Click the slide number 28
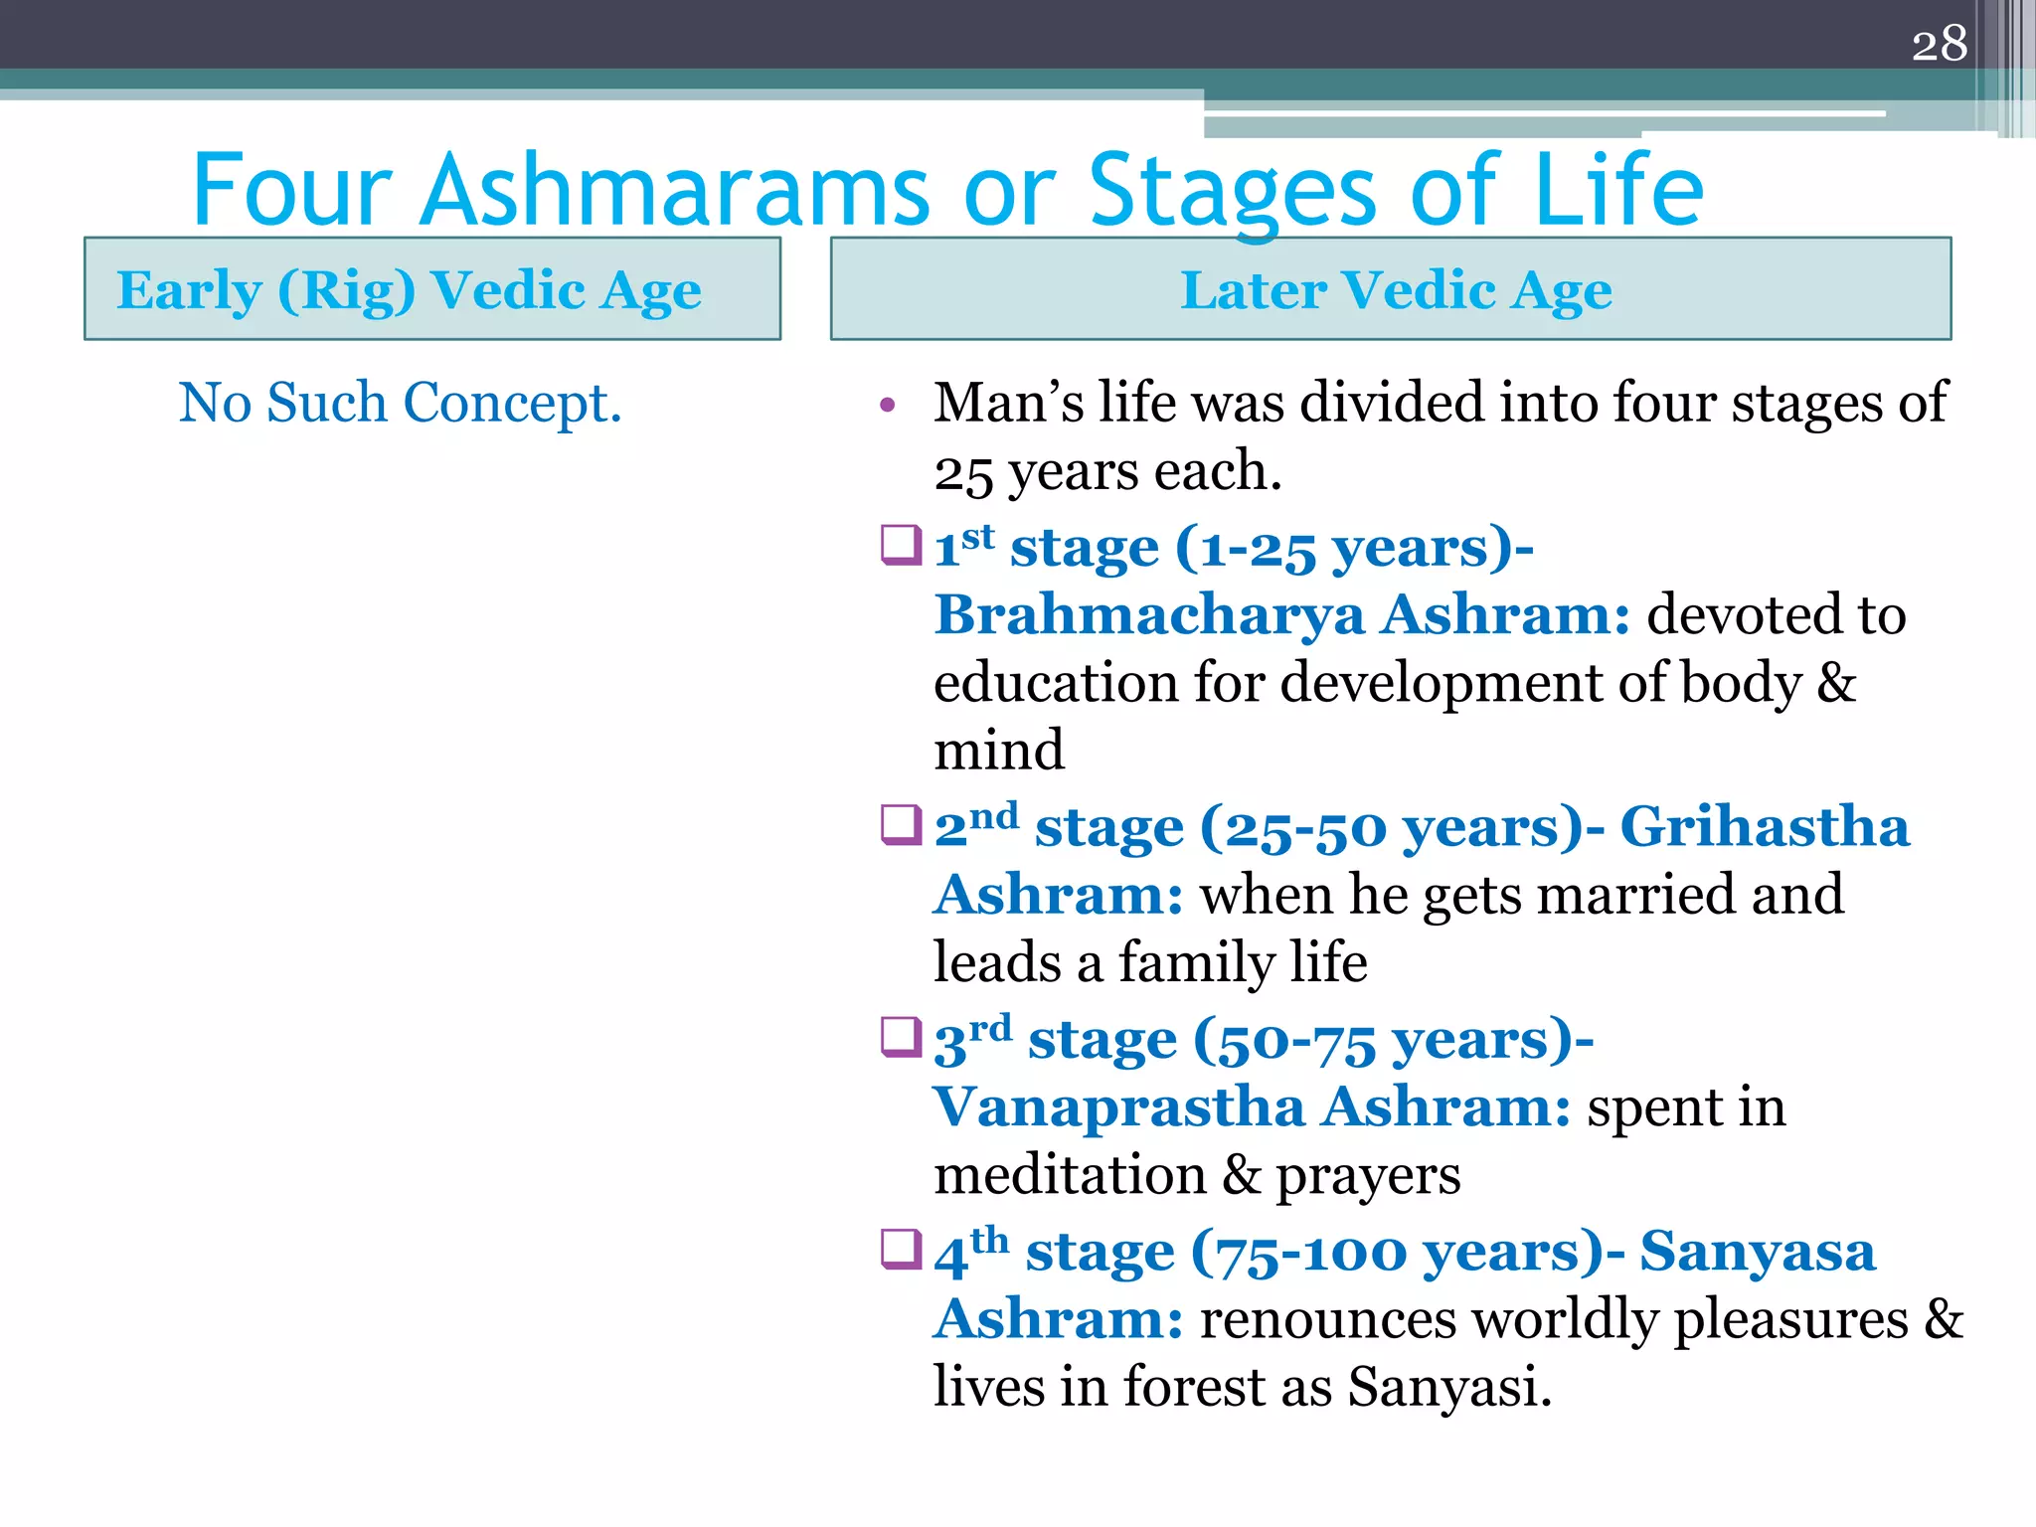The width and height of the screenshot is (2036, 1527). (1939, 44)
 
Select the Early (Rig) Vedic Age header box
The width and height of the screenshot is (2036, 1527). (431, 289)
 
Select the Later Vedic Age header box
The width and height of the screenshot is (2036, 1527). (1391, 289)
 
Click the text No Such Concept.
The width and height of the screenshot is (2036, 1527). (400, 403)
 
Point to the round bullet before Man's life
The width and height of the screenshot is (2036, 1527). (888, 405)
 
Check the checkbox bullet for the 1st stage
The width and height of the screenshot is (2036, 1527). (901, 546)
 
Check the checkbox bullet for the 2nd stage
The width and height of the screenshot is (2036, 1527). (901, 825)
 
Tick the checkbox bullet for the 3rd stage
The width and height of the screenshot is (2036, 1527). (901, 1038)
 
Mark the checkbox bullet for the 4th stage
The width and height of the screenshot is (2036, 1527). (901, 1250)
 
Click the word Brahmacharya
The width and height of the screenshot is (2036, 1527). (1149, 615)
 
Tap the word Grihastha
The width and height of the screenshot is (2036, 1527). (1765, 826)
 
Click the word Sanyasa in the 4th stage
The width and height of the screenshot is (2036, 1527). (1757, 1251)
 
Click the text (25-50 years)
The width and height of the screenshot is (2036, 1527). (1392, 827)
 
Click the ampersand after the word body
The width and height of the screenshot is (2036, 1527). (1836, 683)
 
